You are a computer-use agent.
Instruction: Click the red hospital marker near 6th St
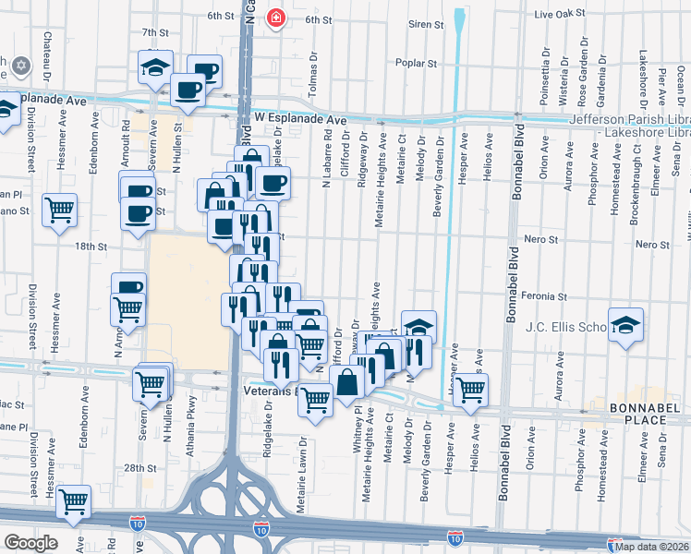(275, 18)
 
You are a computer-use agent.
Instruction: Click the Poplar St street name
(416, 64)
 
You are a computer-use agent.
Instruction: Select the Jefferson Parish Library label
(628, 119)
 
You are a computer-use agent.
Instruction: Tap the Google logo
(30, 542)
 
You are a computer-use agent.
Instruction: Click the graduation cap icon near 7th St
(155, 66)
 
